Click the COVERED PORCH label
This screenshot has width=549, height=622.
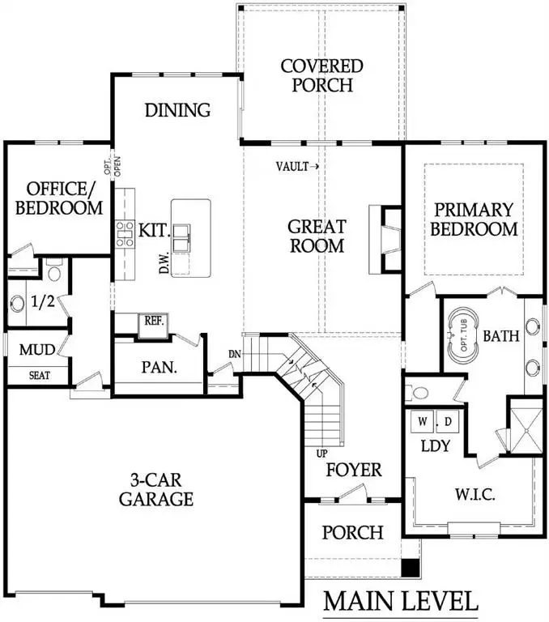point(321,75)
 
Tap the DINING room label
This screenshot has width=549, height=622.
point(177,110)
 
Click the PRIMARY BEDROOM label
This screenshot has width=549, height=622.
point(474,219)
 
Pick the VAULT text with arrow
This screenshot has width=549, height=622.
point(297,167)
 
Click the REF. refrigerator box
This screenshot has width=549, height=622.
point(154,320)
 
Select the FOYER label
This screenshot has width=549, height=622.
point(353,469)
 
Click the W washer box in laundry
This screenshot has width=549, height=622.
point(423,422)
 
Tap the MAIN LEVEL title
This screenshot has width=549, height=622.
point(400,601)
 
